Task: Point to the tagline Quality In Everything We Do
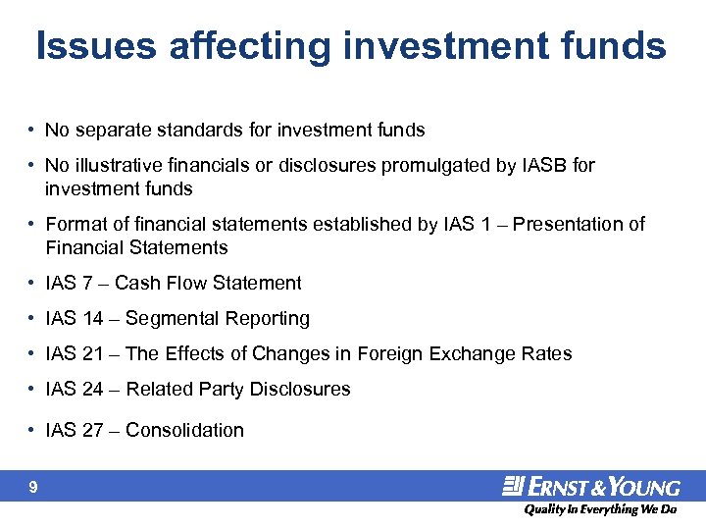(599, 509)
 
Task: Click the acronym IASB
(544, 166)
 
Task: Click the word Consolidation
(184, 431)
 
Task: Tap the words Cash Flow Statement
(208, 284)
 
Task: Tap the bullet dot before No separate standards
(32, 131)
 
